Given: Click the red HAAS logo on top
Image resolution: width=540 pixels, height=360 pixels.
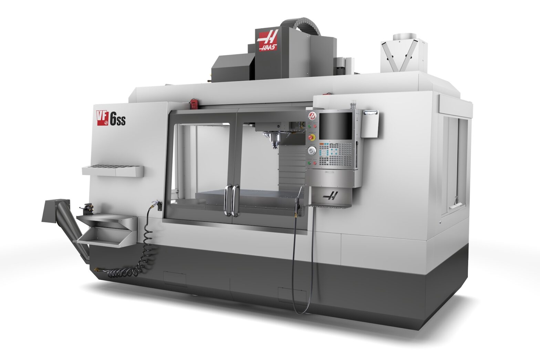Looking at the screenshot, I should (267, 40).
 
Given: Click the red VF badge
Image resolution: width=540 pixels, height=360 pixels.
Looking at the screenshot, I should (103, 118).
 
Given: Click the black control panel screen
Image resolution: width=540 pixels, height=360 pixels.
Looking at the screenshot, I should (336, 126).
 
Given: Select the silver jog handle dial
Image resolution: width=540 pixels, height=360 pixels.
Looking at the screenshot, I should (312, 150).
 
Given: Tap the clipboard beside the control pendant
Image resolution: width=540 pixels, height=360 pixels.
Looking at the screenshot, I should (370, 124).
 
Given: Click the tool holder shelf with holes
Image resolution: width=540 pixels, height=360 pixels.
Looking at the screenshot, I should (113, 170).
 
